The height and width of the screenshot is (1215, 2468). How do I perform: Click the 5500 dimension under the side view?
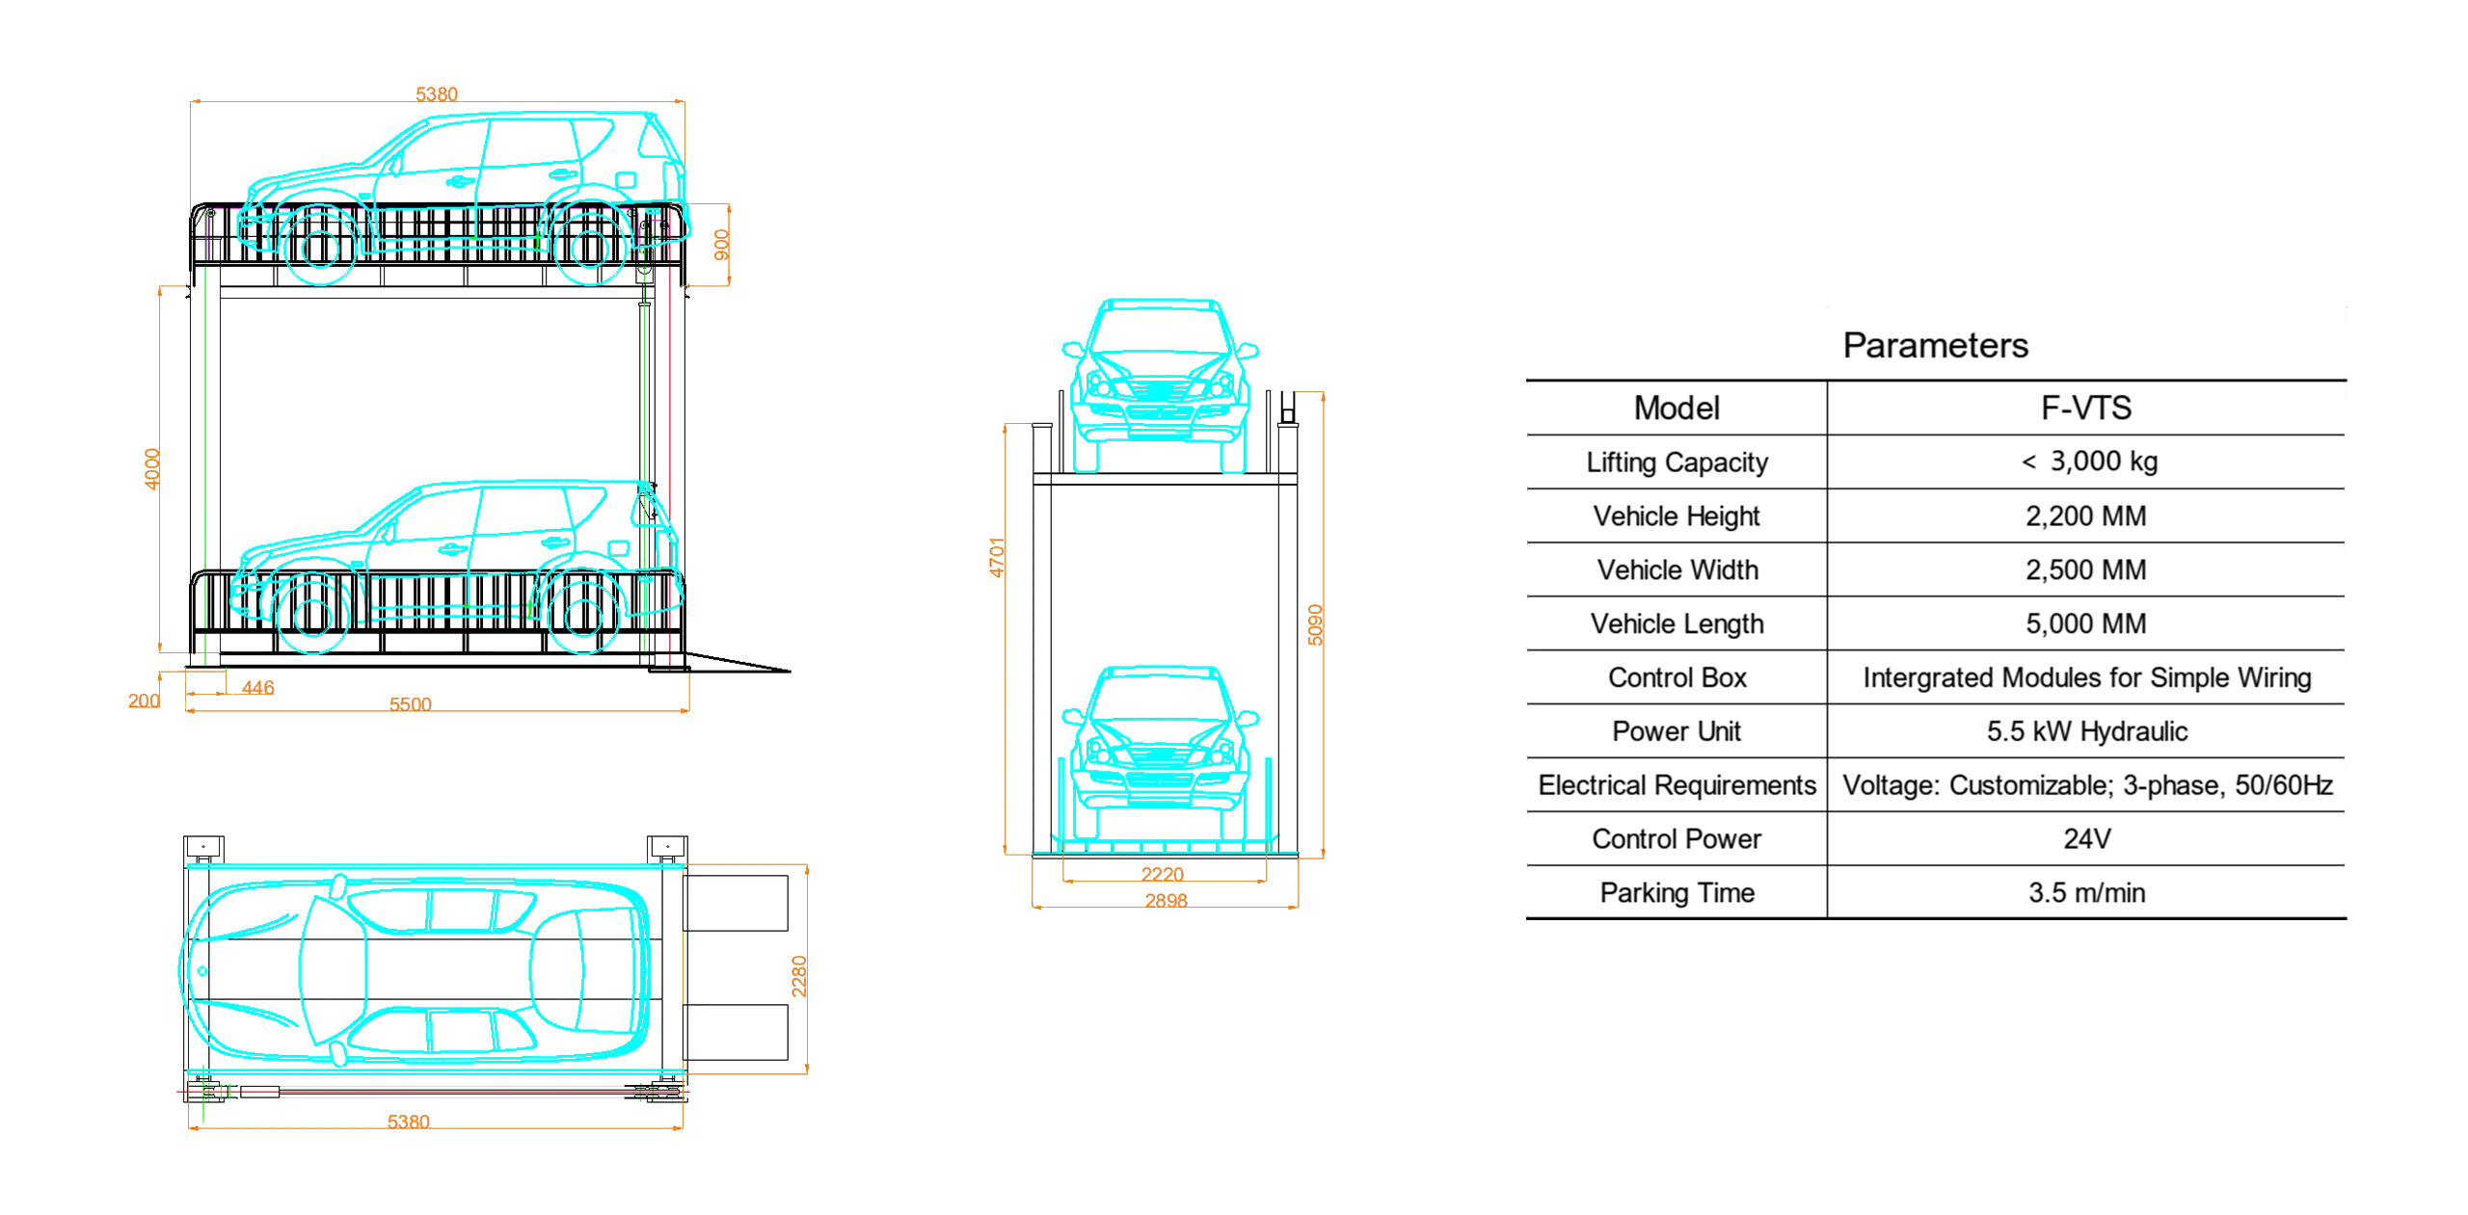coord(410,704)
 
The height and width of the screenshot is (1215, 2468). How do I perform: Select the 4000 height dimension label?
coord(151,469)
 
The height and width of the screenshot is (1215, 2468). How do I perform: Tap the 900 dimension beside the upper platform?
coord(721,245)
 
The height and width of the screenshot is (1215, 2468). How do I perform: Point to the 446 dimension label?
coord(257,688)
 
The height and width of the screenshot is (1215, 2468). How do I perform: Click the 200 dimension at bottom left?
coord(144,700)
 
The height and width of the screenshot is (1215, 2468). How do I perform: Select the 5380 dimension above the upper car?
coord(437,93)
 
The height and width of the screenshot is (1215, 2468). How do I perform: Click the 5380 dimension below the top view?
coord(408,1122)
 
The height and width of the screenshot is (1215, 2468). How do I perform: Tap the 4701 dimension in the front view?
coord(998,556)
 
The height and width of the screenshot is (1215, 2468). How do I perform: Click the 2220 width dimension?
coord(1163,874)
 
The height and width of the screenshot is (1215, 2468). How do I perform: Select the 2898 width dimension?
coord(1166,901)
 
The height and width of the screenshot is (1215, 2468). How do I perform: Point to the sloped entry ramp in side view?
coord(742,663)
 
